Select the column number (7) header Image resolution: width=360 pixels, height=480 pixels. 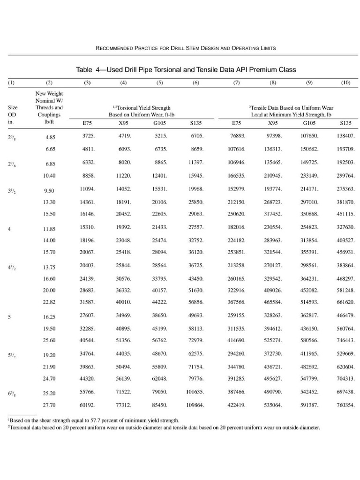click(236, 83)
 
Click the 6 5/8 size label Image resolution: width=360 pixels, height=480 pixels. click(12, 391)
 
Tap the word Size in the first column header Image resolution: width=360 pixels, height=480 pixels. click(13, 107)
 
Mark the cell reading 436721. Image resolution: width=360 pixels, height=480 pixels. click(272, 367)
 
